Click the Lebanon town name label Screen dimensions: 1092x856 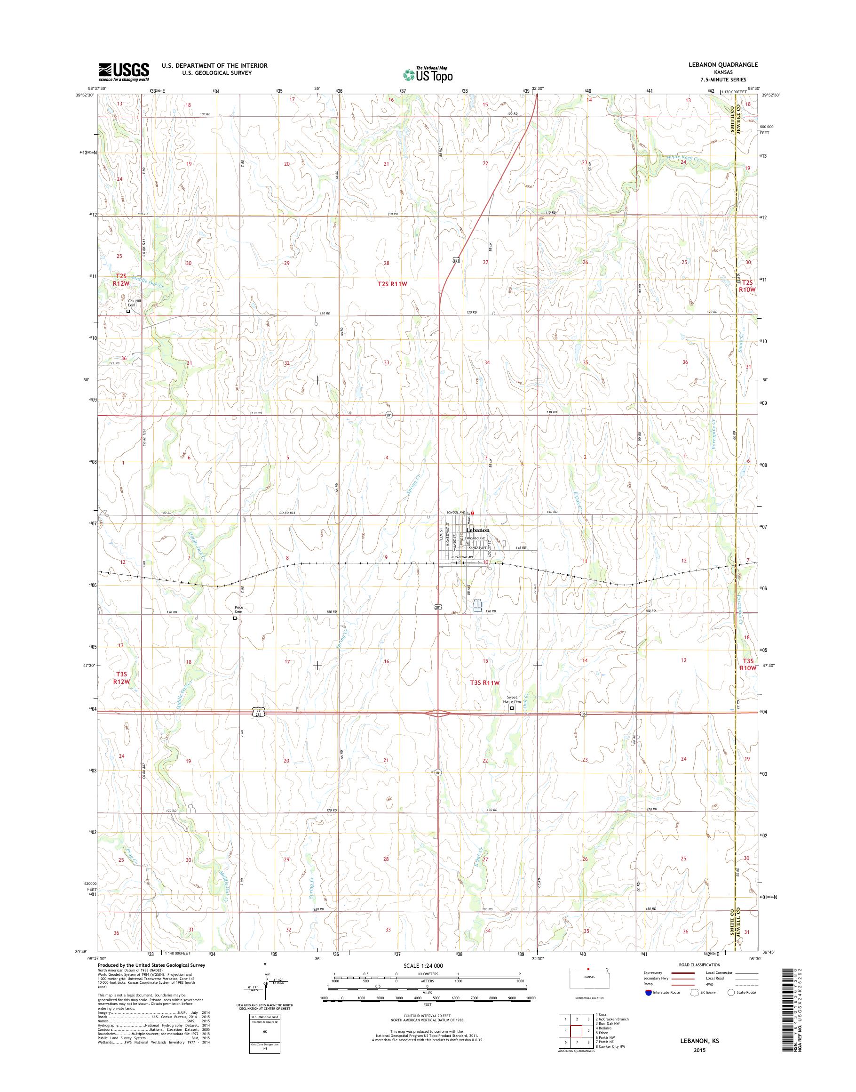pos(477,530)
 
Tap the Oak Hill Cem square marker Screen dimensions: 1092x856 pos(128,311)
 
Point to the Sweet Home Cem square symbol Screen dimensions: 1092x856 pos(512,708)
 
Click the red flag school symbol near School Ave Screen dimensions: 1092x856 pos(472,513)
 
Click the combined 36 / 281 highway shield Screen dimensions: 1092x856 pos(257,712)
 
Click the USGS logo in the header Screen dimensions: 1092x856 pos(123,71)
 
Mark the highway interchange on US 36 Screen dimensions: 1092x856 pos(438,713)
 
